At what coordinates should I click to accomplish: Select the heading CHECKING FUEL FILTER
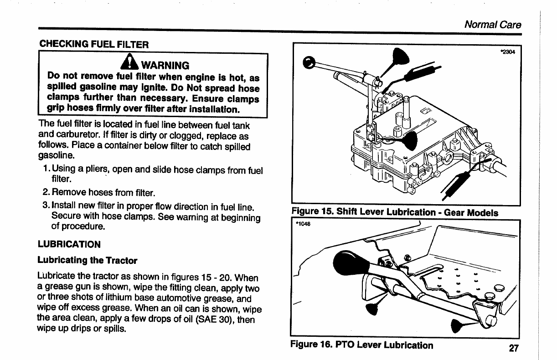click(94, 44)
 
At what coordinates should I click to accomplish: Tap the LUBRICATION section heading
click(69, 244)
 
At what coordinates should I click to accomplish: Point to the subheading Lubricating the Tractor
click(87, 260)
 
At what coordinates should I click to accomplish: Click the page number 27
click(514, 349)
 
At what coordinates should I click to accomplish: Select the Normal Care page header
click(492, 25)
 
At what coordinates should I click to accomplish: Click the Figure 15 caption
click(394, 212)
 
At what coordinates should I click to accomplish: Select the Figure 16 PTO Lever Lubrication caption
click(361, 345)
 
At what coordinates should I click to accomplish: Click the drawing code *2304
click(507, 51)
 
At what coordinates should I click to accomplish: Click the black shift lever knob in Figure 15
click(309, 62)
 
